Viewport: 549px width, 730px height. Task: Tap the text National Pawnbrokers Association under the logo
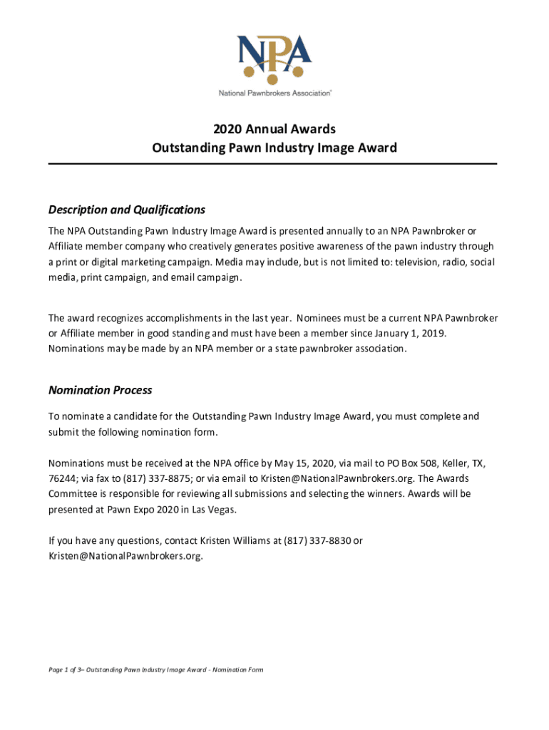point(274,93)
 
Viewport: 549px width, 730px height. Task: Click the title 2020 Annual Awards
point(274,129)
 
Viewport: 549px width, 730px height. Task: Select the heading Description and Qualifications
point(126,210)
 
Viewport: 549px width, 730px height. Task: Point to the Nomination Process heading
point(100,390)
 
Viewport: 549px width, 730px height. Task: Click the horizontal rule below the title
point(272,164)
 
